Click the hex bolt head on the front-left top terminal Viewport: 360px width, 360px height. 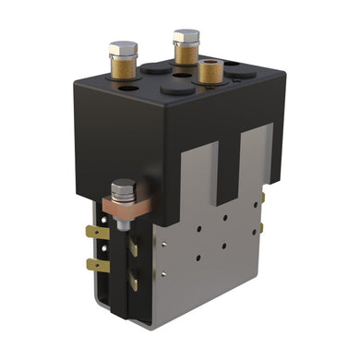pyautogui.click(x=123, y=48)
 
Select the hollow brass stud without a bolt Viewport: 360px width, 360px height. pyautogui.click(x=210, y=71)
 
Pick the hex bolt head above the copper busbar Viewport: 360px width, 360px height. pyautogui.click(x=122, y=191)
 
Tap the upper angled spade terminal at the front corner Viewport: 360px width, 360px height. pyautogui.click(x=133, y=246)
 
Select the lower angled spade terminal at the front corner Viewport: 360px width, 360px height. pyautogui.click(x=133, y=279)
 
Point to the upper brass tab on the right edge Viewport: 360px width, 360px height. pyautogui.click(x=262, y=197)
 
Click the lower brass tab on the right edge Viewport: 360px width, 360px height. pyautogui.click(x=262, y=227)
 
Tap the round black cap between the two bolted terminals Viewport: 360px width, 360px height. pyautogui.click(x=154, y=68)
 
